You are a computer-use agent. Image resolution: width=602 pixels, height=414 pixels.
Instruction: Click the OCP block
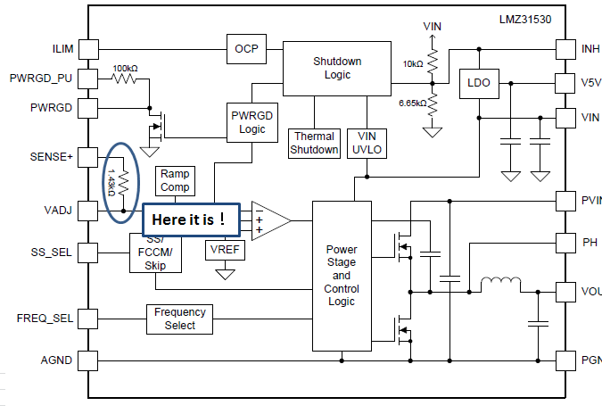(245, 48)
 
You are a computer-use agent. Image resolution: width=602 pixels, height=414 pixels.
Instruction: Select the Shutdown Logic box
(337, 68)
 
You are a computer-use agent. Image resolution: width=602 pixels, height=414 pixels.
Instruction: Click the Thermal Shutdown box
(315, 143)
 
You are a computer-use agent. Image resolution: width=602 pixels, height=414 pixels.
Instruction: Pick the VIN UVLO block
(367, 143)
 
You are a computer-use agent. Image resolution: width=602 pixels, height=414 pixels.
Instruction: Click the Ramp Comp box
(175, 181)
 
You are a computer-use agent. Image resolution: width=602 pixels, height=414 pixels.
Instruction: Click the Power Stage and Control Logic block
(341, 276)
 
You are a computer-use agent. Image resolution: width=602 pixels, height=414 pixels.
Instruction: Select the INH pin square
(564, 47)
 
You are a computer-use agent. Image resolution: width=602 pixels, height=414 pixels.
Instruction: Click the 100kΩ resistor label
(125, 68)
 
